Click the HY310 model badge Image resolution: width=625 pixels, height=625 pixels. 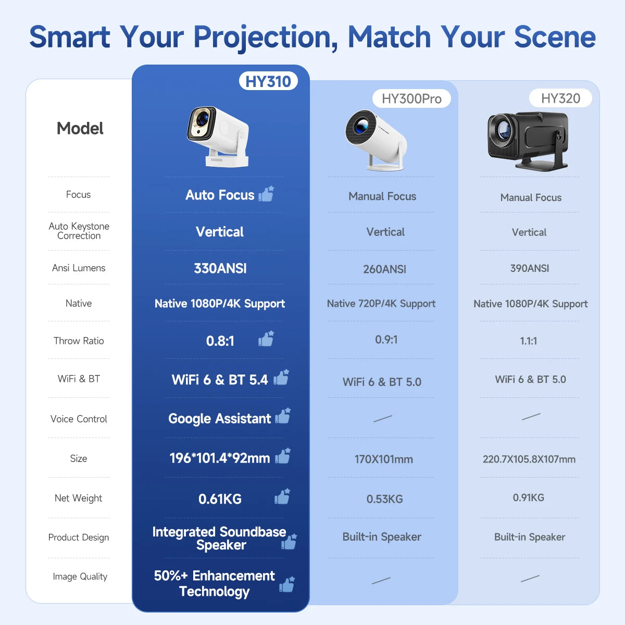coord(268,81)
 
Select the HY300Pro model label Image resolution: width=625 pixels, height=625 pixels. coord(411,98)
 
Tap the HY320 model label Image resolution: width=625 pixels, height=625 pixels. coord(560,98)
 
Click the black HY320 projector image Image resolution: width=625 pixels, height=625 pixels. coord(527,140)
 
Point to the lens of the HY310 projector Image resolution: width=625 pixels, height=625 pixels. coord(202,124)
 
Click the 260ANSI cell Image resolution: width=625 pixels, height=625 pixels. coord(384,269)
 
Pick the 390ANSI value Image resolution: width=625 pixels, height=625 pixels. coord(529,268)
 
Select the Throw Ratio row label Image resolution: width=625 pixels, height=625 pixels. coord(79,341)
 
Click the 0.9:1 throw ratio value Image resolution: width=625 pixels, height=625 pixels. coord(386,340)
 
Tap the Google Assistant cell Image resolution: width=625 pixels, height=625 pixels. coord(219,419)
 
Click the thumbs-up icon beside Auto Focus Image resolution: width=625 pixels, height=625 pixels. coord(266,194)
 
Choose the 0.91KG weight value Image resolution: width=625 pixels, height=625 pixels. coord(528,497)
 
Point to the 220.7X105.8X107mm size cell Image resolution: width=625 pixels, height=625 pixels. coord(529,459)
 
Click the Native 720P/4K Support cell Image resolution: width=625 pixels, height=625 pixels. coord(381,304)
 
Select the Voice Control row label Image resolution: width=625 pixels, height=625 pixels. coord(79,419)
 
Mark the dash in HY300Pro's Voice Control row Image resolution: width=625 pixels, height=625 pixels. coord(383,418)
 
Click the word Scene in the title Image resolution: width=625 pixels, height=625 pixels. coord(554,37)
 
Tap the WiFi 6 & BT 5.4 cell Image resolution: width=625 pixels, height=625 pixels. coord(220,380)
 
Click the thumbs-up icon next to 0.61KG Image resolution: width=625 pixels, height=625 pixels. coord(282,497)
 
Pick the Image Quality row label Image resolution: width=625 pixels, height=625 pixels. coord(80,577)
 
